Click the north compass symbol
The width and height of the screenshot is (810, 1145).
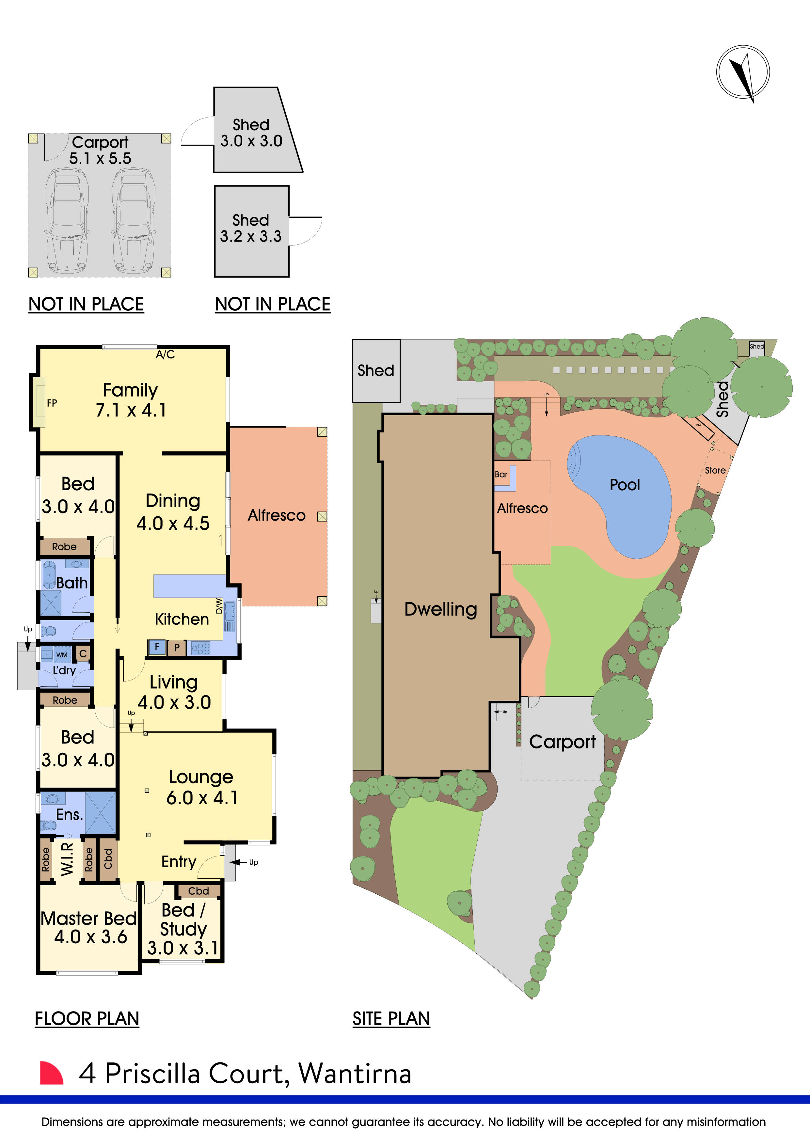tap(743, 72)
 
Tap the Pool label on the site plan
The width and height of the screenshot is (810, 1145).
tap(625, 485)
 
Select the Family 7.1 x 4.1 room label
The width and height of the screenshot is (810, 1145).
tap(131, 400)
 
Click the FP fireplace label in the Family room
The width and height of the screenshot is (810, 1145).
tap(52, 403)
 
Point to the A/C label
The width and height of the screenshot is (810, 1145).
tap(165, 354)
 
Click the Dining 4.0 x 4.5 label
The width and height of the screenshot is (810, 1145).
tap(173, 512)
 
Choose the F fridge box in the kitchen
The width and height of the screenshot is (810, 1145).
tap(157, 647)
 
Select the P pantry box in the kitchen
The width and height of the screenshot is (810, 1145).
tap(177, 648)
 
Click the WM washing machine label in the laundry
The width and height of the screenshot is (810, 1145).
tap(62, 655)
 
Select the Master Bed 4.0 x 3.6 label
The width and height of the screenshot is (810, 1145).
tap(89, 928)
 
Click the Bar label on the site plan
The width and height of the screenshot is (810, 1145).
tap(501, 474)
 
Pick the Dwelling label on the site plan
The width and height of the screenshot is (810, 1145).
tap(440, 609)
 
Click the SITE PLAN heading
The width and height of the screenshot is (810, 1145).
tap(391, 1019)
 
